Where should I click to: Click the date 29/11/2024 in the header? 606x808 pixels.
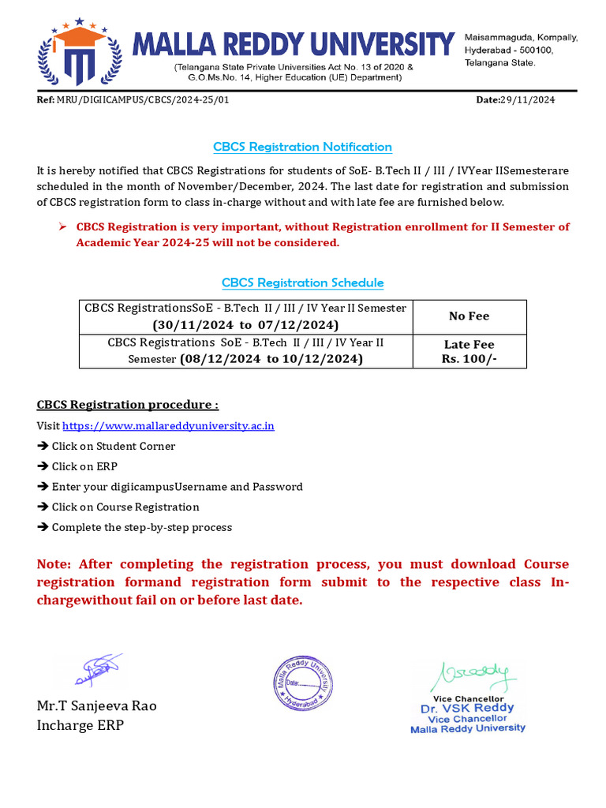tap(526, 100)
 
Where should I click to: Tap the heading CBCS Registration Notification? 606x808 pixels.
tap(302, 147)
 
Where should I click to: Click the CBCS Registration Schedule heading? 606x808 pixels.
tap(302, 282)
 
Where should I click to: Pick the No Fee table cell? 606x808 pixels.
tap(469, 316)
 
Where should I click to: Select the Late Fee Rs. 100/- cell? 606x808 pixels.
tap(469, 352)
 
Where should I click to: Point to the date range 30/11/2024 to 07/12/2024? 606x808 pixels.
tap(245, 325)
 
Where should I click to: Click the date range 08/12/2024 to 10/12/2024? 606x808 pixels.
tap(271, 359)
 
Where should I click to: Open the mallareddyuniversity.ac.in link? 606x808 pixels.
tap(168, 426)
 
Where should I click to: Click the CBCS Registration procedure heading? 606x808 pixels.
tap(128, 405)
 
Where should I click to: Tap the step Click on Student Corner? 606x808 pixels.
tap(113, 446)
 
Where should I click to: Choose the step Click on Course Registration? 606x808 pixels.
tap(125, 507)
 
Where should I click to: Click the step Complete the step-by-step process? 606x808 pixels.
tap(141, 528)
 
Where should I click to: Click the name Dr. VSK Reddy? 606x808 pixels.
tap(467, 709)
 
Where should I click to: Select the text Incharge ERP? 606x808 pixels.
tap(80, 725)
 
